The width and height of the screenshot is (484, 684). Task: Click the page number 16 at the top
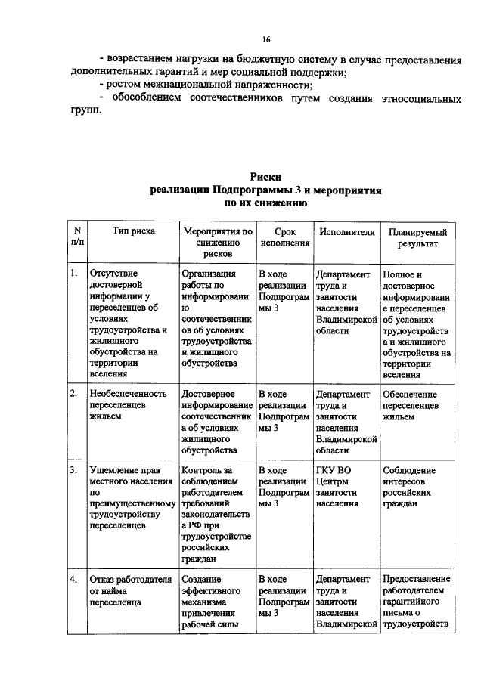tap(265, 39)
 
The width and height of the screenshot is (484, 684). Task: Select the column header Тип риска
tap(133, 232)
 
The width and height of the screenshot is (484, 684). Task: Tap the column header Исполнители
tap(346, 232)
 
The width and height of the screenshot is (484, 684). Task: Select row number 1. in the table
tap(74, 274)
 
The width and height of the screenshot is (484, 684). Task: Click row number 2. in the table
tap(74, 395)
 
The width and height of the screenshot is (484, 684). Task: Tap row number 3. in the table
tap(74, 470)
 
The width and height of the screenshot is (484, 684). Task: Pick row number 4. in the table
tap(74, 579)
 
